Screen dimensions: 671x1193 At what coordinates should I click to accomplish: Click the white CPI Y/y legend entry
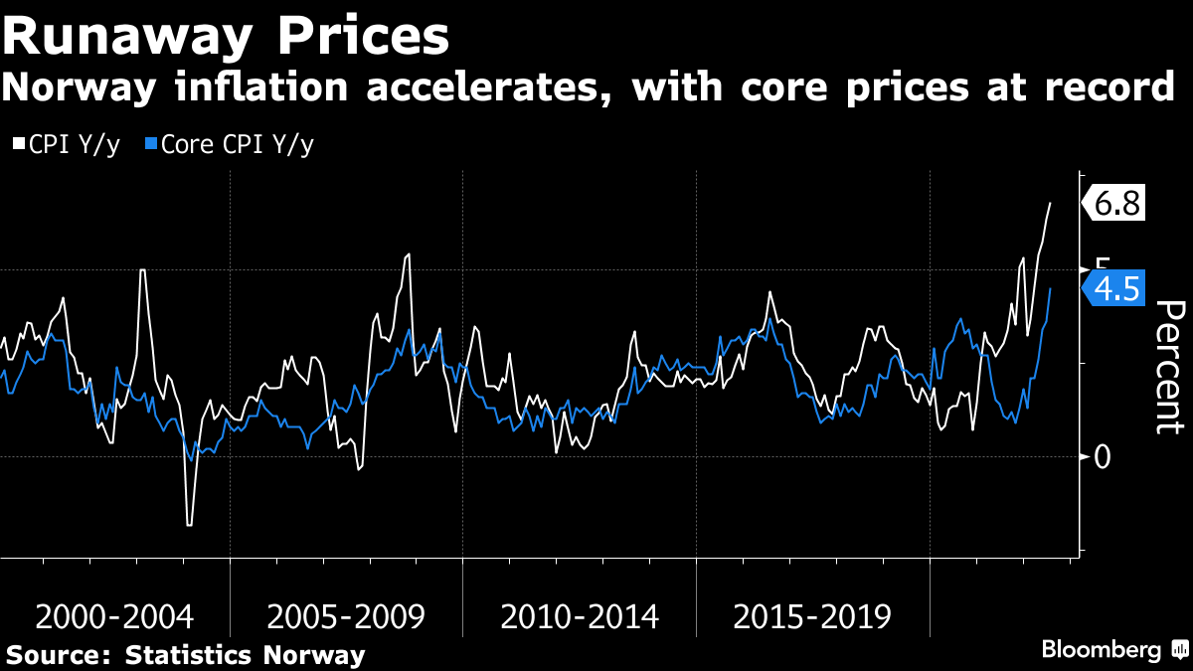coord(68,144)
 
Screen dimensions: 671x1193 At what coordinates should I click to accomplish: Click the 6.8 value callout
coord(1116,204)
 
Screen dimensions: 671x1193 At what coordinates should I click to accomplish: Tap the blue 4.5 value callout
coord(1114,289)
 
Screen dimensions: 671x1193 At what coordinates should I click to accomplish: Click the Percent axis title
coord(1169,366)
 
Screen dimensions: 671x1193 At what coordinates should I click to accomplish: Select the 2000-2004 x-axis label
coord(113,617)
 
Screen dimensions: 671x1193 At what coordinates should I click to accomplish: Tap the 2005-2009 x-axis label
coord(346,617)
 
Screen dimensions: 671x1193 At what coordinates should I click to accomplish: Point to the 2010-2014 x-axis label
coord(580,617)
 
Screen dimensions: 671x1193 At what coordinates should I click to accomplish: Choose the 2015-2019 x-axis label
coord(812,617)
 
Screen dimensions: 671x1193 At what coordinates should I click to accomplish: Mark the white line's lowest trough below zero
coord(188,524)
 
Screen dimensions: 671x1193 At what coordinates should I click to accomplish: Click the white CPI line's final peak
coord(1050,203)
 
